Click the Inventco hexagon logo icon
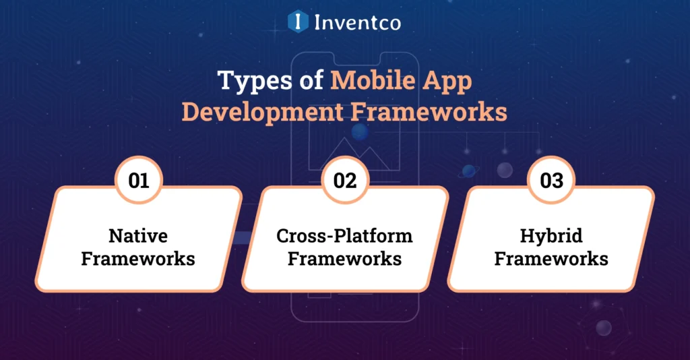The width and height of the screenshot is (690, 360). tap(298, 22)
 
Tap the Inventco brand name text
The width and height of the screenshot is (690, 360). tap(357, 22)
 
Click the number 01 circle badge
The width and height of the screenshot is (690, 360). tap(139, 181)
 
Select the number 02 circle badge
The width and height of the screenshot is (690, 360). tap(345, 181)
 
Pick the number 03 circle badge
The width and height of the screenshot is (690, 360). tap(551, 181)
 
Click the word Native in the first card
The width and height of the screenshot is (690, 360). tap(138, 237)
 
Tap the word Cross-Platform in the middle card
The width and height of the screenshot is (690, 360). tap(344, 237)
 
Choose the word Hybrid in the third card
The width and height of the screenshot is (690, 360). tap(551, 237)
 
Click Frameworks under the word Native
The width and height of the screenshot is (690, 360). tap(138, 258)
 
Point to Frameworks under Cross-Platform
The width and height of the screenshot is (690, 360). tap(344, 258)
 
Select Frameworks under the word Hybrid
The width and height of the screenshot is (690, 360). tap(551, 258)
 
